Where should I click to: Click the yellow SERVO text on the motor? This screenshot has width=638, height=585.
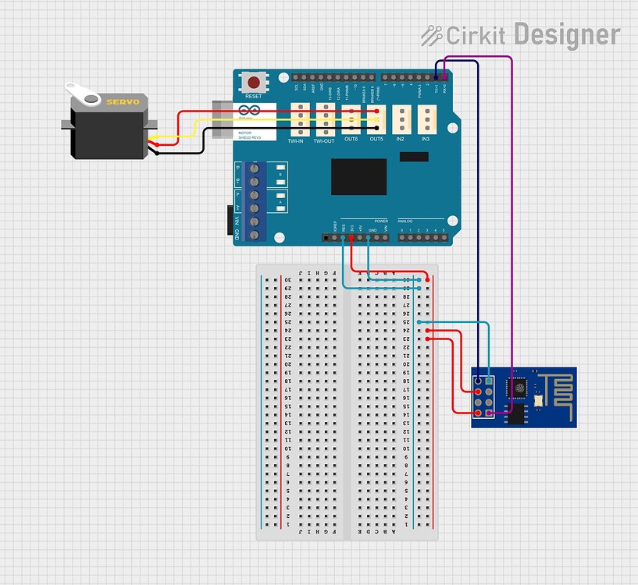[x=123, y=102]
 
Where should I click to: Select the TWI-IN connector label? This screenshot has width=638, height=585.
[x=296, y=140]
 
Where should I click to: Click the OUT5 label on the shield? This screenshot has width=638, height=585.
[x=376, y=140]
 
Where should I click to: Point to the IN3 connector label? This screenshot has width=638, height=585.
[x=426, y=140]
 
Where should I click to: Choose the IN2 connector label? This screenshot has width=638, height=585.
[x=400, y=140]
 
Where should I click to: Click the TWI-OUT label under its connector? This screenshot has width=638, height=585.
[x=324, y=140]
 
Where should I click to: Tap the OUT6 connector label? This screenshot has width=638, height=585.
[x=351, y=140]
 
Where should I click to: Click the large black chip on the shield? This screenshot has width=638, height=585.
[x=358, y=176]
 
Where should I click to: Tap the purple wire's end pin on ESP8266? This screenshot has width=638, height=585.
[x=490, y=412]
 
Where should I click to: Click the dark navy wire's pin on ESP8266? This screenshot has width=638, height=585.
[x=477, y=380]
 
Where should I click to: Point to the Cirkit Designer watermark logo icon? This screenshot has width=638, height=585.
[x=432, y=35]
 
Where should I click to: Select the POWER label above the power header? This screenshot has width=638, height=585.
[x=380, y=222]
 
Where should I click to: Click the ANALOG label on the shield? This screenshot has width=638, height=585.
[x=405, y=222]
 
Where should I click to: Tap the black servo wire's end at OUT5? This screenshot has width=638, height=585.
[x=376, y=127]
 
